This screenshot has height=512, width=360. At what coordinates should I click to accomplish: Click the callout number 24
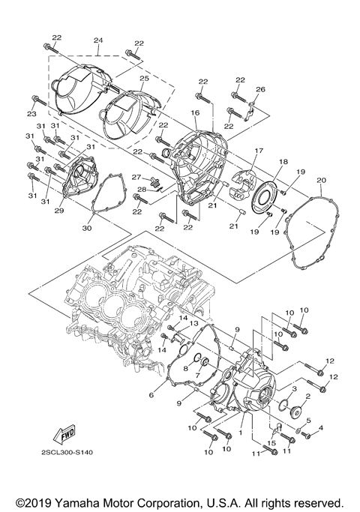click(x=98, y=40)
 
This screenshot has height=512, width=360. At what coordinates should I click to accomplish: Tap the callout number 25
click(x=144, y=78)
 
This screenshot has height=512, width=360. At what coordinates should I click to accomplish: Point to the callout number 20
click(x=321, y=181)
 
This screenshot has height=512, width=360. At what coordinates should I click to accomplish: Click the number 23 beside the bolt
click(x=31, y=113)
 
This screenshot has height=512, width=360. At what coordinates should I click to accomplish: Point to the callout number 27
click(x=137, y=178)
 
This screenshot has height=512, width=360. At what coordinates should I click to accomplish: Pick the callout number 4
click(x=320, y=428)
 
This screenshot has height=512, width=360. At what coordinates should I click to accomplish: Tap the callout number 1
click(x=240, y=433)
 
